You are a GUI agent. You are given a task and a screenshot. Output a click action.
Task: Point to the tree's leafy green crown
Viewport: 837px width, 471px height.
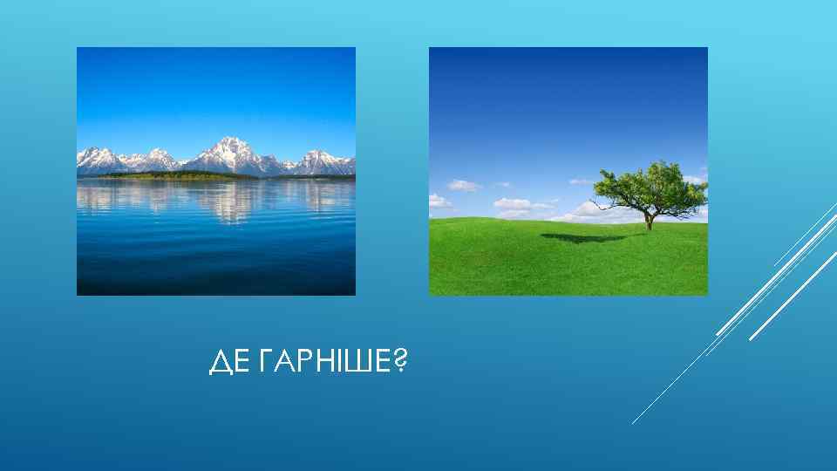[650, 184]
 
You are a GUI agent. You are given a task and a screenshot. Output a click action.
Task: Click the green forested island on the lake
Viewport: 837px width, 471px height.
[174, 175]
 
